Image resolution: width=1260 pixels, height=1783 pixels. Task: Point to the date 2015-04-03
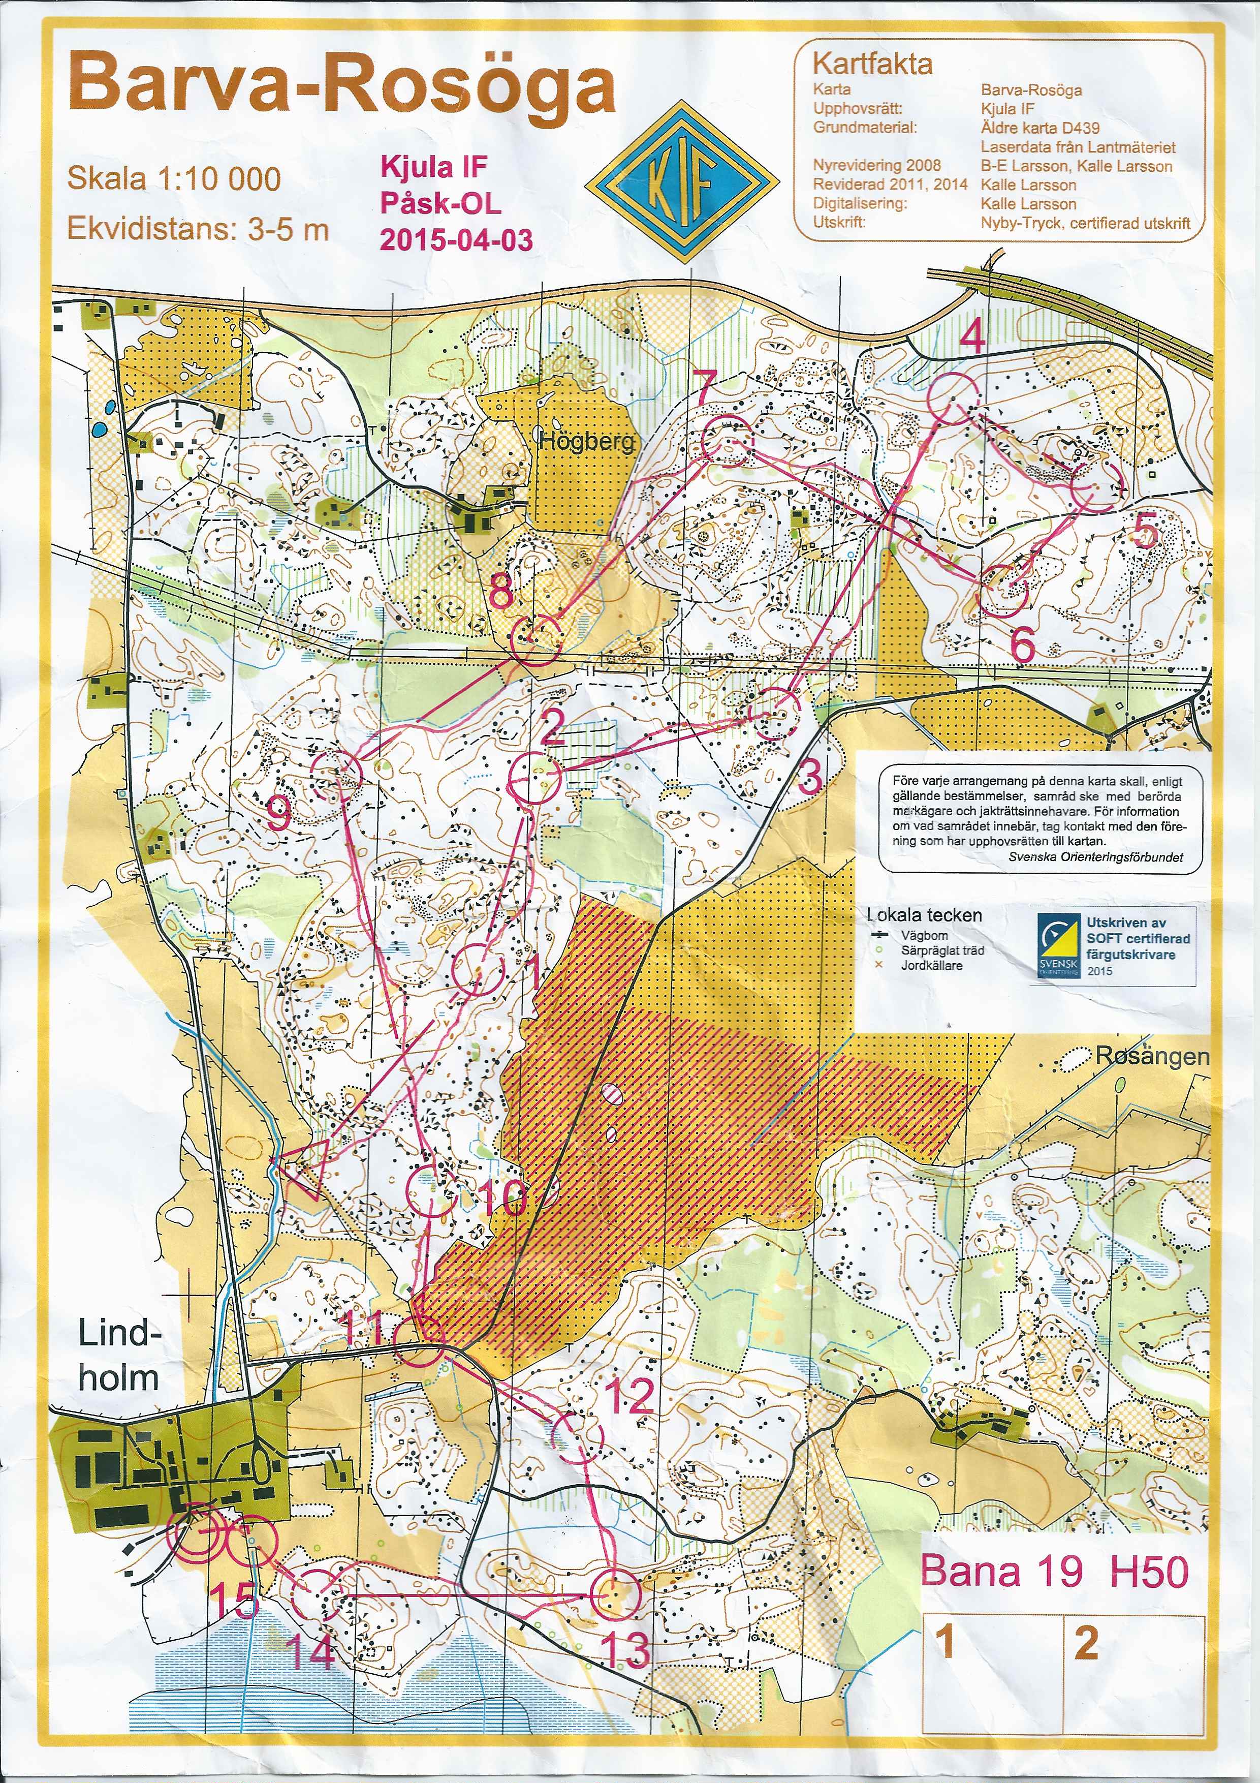click(x=456, y=240)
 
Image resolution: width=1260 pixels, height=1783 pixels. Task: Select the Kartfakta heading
click(x=872, y=64)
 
